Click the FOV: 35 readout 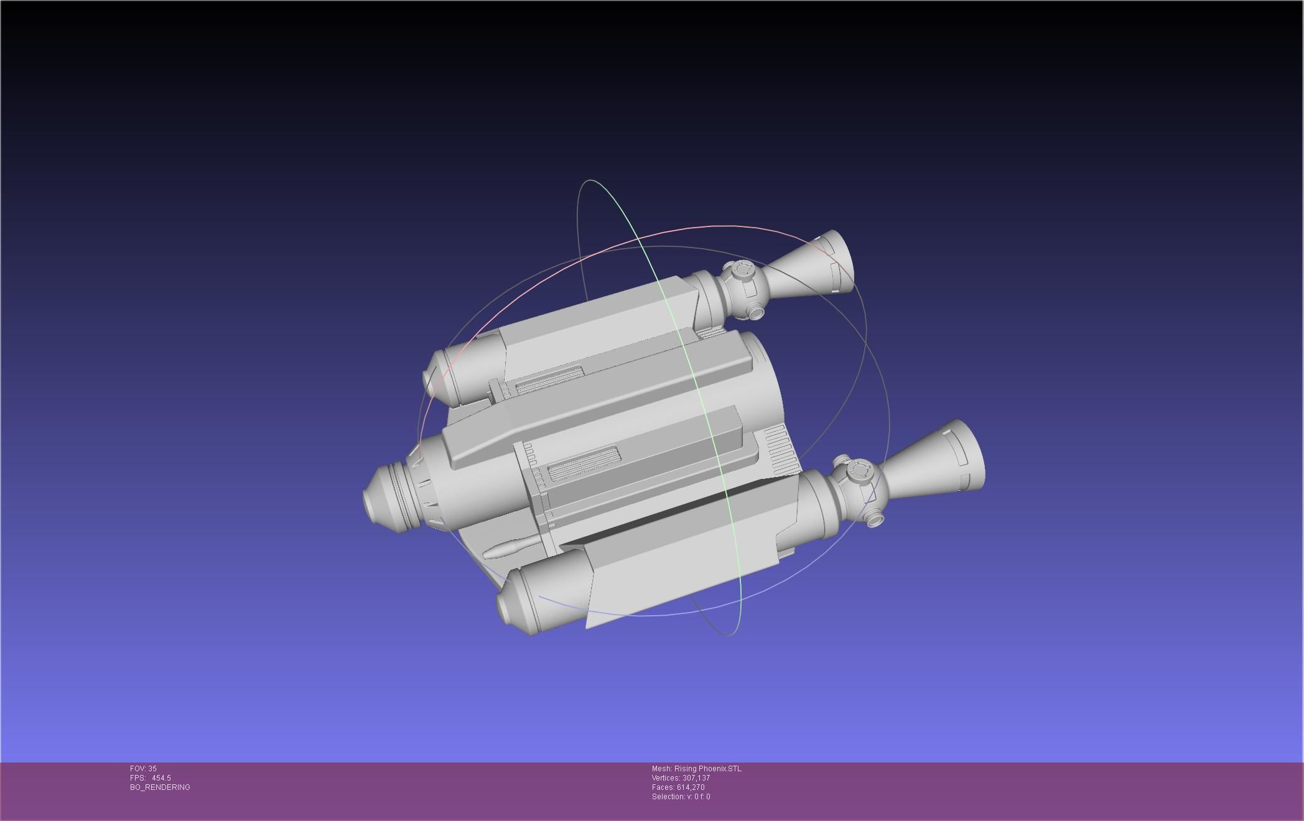[143, 769]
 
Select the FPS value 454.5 [161, 778]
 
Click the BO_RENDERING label [160, 787]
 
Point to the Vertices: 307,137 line [681, 778]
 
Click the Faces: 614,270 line [678, 787]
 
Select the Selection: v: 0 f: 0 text [681, 797]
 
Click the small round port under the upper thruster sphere [755, 312]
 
